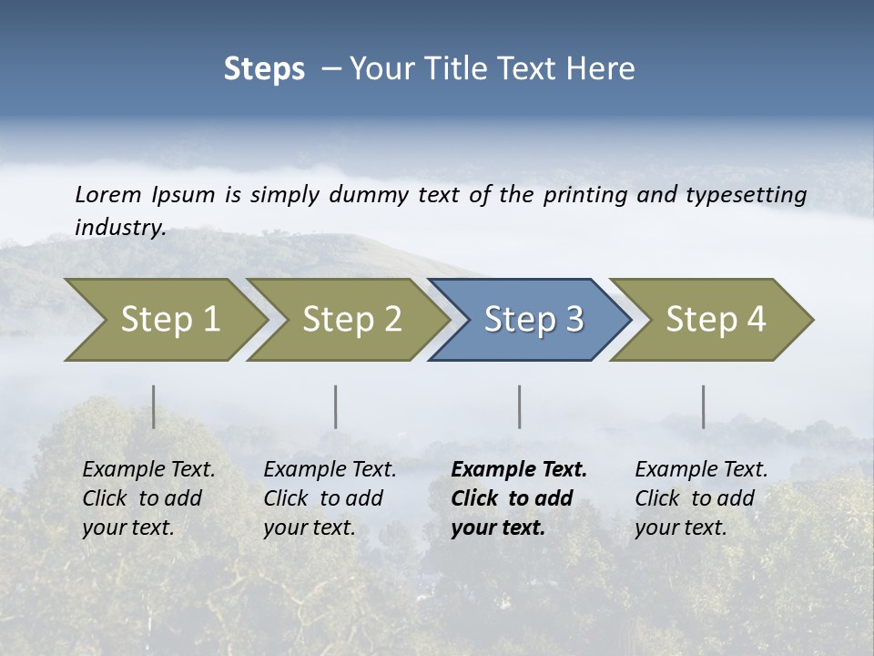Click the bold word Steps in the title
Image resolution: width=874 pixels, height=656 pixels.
(x=264, y=69)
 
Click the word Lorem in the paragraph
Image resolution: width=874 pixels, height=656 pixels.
(x=108, y=194)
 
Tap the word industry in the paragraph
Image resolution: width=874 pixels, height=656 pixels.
(x=119, y=228)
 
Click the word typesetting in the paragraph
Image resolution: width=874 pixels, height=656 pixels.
(x=746, y=194)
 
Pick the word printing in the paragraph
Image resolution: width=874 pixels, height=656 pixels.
(x=585, y=194)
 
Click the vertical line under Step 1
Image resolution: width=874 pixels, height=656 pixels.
(x=154, y=406)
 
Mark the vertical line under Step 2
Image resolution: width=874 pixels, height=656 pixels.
(x=336, y=406)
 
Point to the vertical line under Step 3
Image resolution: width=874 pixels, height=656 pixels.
(x=520, y=406)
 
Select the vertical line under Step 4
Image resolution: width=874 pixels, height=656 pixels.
(x=704, y=406)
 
